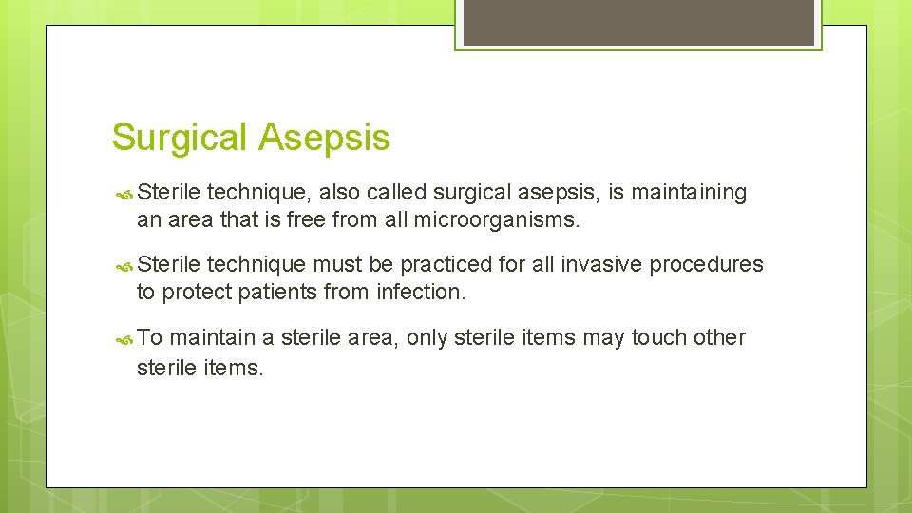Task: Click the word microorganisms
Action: [496, 220]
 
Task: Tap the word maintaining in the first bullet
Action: [690, 193]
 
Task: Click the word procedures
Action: [708, 265]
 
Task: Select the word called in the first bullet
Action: [397, 193]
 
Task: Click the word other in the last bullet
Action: [720, 337]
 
